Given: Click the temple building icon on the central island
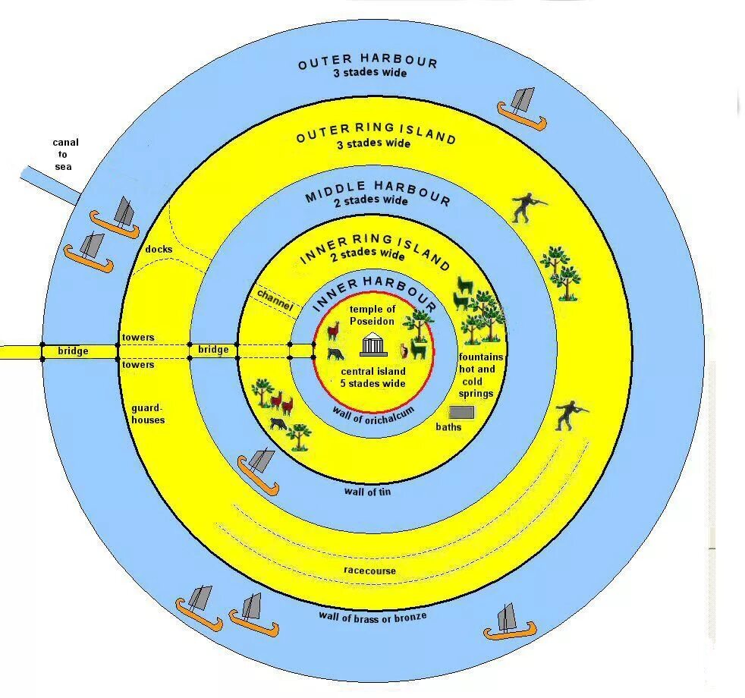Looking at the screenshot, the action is pyautogui.click(x=372, y=345).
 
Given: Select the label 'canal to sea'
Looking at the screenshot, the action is pyautogui.click(x=64, y=154).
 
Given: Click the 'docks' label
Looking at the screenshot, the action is pyautogui.click(x=160, y=249).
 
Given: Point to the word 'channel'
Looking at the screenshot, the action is pyautogui.click(x=274, y=299).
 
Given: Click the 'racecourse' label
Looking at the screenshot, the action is pyautogui.click(x=369, y=570).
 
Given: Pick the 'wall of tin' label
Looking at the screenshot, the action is pyautogui.click(x=367, y=492).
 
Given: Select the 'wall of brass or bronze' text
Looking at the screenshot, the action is pyautogui.click(x=372, y=615).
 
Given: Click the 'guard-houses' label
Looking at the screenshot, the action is pyautogui.click(x=148, y=413).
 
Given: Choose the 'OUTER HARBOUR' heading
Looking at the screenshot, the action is pyautogui.click(x=368, y=62).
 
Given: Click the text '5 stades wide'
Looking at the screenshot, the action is pyautogui.click(x=372, y=383).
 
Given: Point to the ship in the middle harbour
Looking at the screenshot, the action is pyautogui.click(x=256, y=466).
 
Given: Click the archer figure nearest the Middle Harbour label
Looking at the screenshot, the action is pyautogui.click(x=527, y=207).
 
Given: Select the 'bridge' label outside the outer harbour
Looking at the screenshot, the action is pyautogui.click(x=73, y=351).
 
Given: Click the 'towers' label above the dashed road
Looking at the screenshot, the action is pyautogui.click(x=138, y=337).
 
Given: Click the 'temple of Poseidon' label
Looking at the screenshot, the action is pyautogui.click(x=372, y=315).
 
